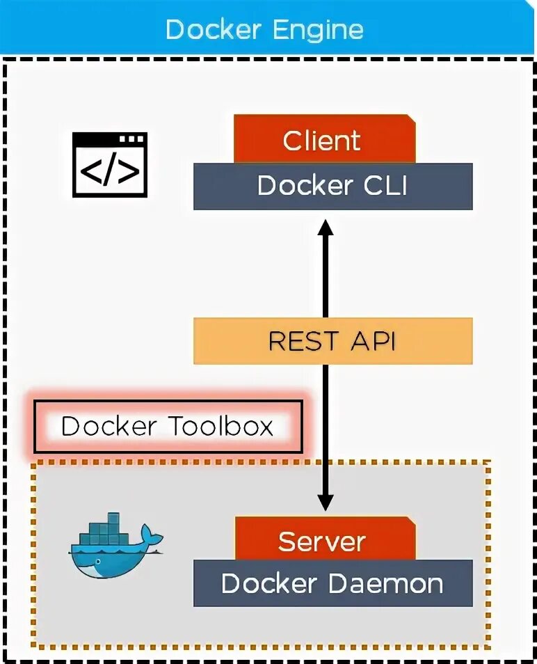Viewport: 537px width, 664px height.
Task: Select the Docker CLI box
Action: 332,187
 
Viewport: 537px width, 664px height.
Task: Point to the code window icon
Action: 110,165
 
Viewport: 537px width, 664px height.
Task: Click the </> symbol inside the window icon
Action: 110,173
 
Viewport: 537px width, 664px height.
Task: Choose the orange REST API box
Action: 332,341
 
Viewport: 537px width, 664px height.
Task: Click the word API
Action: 371,341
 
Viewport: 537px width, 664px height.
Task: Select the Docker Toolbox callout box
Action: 168,427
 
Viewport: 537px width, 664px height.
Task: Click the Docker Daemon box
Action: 332,583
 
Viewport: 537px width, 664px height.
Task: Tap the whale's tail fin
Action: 152,536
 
